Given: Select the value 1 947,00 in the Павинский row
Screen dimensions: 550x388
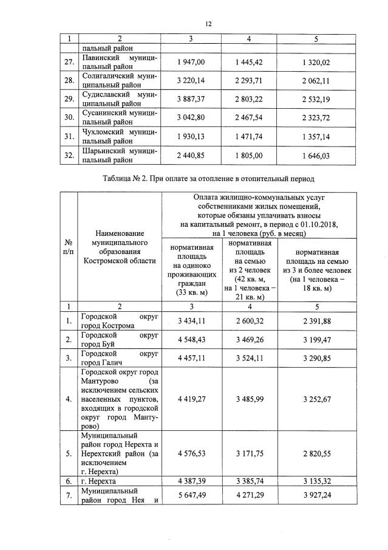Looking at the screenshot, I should click(x=191, y=62).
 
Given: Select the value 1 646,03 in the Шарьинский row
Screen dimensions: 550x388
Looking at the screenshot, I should click(x=316, y=156).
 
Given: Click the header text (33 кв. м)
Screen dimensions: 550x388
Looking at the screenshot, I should click(x=191, y=292).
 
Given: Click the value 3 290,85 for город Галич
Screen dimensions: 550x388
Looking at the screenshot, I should click(x=316, y=357).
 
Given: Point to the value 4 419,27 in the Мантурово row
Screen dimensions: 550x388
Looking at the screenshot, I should click(x=191, y=399).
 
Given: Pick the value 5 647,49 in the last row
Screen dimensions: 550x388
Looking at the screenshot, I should click(x=191, y=495).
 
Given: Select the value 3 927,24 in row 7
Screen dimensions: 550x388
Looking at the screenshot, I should click(x=316, y=495).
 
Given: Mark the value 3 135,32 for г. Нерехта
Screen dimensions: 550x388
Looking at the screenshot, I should click(x=316, y=480).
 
